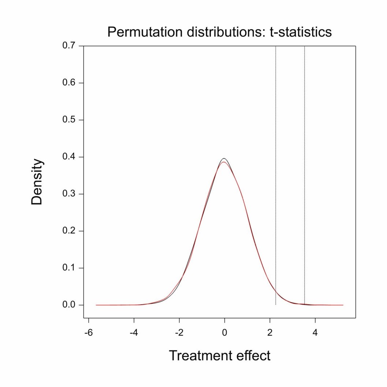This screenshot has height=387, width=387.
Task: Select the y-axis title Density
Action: [37, 182]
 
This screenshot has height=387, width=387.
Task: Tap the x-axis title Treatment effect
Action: [220, 355]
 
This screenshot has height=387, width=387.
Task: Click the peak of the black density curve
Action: [224, 159]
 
